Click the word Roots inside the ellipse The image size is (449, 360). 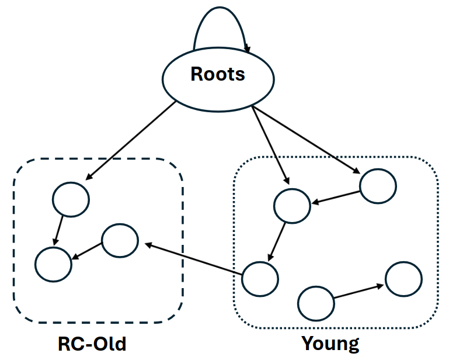tap(218, 75)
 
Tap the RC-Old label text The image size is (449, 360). tap(92, 343)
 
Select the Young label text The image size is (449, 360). tap(330, 343)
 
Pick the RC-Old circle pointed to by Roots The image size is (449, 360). tap(71, 199)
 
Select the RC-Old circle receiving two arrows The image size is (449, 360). tap(53, 264)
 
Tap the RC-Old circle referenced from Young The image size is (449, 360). tap(120, 241)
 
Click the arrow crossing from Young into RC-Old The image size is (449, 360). tap(193, 259)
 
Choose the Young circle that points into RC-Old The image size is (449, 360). tap(260, 278)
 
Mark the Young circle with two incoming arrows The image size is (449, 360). tap(292, 205)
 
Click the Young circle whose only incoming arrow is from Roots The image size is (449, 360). tap(378, 186)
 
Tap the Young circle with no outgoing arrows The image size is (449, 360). tap(403, 279)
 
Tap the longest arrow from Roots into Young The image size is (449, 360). tap(307, 141)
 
